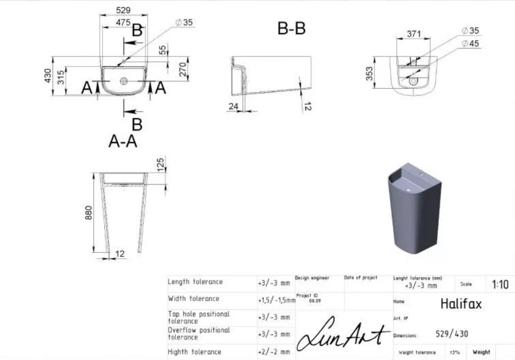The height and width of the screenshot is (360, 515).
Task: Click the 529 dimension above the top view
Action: [123, 10]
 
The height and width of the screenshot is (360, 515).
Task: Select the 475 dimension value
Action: [123, 22]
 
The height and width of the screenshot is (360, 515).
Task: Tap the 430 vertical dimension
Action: [48, 76]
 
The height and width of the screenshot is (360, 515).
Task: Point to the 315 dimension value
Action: [61, 77]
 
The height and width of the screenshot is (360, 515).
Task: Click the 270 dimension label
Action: [183, 70]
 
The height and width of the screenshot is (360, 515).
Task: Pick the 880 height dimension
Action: [88, 212]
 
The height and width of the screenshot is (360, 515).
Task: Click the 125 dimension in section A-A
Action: [160, 164]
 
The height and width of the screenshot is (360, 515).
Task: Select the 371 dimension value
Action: [414, 33]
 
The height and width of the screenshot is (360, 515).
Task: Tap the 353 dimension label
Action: [369, 74]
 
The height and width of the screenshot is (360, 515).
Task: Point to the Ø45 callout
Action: [470, 44]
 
